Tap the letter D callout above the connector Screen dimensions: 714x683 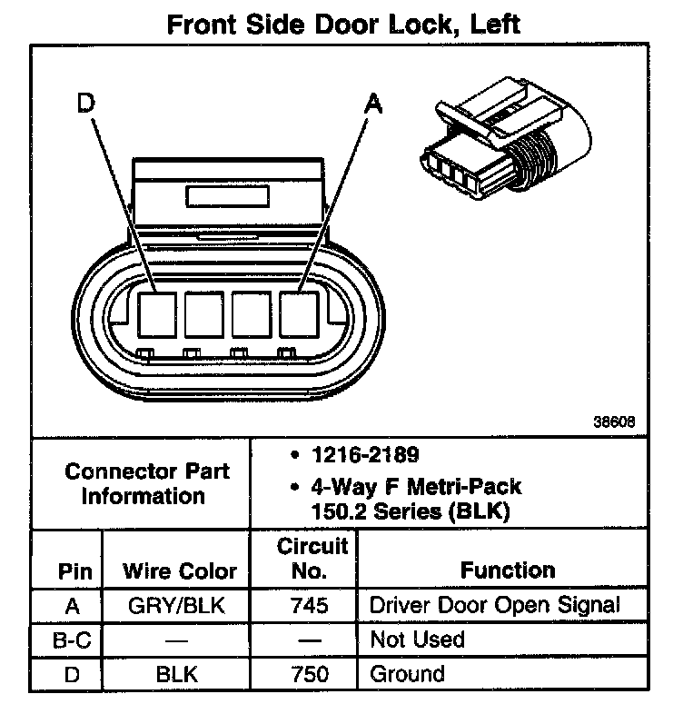[86, 104]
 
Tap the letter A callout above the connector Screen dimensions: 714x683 [371, 104]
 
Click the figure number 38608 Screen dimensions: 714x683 [614, 421]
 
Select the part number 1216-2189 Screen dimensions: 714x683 [355, 454]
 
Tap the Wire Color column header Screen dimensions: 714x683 [180, 572]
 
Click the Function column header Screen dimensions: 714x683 [508, 570]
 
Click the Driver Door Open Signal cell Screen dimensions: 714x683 [495, 605]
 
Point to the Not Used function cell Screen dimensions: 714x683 [417, 640]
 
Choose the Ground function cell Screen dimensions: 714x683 [407, 674]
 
